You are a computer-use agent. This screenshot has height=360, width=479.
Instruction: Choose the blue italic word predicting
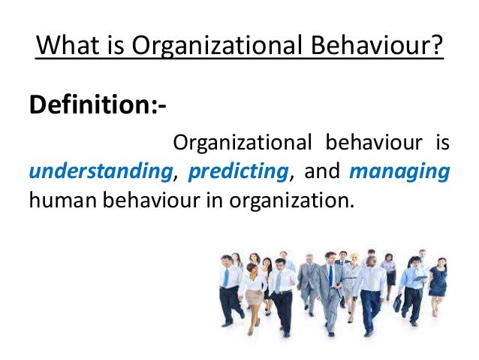[x=239, y=171]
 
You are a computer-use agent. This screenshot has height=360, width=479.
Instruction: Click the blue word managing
[x=399, y=171]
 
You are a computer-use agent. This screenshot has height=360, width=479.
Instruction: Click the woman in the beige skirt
[x=254, y=293]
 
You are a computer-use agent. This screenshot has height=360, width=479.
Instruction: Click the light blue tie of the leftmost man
[x=226, y=277]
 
